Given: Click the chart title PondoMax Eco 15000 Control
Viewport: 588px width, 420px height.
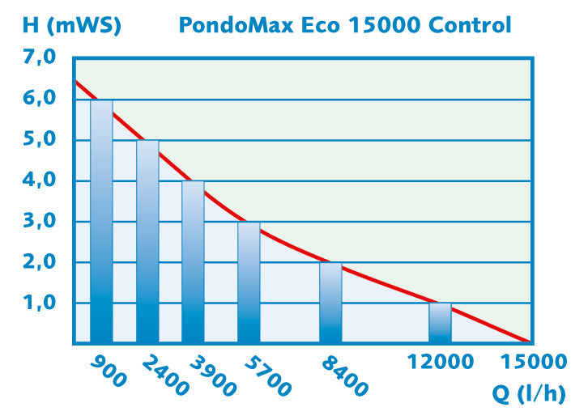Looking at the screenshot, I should (345, 25).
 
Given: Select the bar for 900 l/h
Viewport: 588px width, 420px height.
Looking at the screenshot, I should (101, 221).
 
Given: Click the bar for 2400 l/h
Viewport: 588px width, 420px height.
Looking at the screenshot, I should (147, 241).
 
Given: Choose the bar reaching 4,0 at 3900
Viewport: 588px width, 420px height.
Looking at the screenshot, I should (193, 261).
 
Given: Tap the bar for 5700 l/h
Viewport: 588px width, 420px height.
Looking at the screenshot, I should (249, 282).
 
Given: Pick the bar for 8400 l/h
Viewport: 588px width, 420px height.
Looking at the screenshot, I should (330, 302).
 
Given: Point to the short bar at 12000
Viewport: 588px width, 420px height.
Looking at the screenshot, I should (440, 322).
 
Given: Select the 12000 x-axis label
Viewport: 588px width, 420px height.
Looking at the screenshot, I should (442, 363).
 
